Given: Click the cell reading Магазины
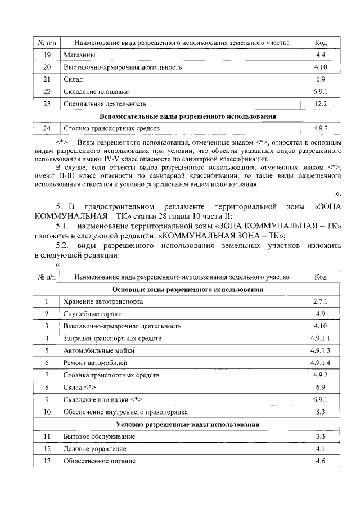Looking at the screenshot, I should point(79,55).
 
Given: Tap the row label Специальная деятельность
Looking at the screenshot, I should point(105,104).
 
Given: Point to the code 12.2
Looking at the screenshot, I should point(321,104).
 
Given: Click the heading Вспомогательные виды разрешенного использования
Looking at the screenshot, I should point(188,116).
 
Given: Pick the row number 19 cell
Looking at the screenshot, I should point(47,55).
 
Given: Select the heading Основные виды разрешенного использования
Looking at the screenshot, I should point(188,289).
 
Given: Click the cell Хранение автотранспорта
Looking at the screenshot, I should point(103,301).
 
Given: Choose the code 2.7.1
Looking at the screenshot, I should point(321,301).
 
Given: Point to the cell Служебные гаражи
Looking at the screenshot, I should point(93,314).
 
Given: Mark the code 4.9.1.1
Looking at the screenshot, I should point(321,338).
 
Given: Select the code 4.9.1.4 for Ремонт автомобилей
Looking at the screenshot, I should point(321,363).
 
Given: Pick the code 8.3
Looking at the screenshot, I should point(321,412).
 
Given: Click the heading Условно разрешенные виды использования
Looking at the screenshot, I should point(188,424).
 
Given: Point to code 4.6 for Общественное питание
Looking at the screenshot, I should point(321,461).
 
